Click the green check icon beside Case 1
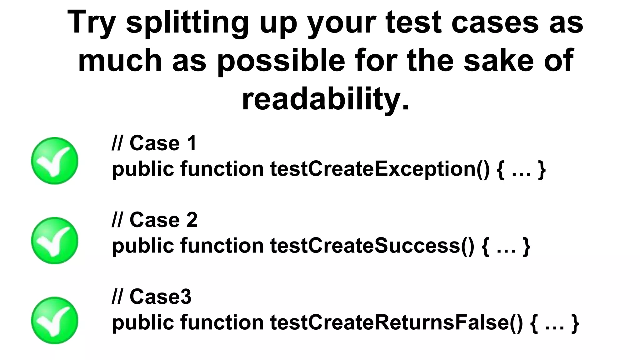(55, 161)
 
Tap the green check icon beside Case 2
(55, 241)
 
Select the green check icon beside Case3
(55, 321)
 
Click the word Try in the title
(91, 22)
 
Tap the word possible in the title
(281, 61)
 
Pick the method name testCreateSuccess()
(372, 246)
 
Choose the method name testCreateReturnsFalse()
(396, 322)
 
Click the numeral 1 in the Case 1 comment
(192, 143)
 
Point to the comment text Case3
(160, 297)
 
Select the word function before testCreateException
(222, 169)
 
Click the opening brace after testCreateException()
(500, 170)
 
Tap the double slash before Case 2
(117, 220)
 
